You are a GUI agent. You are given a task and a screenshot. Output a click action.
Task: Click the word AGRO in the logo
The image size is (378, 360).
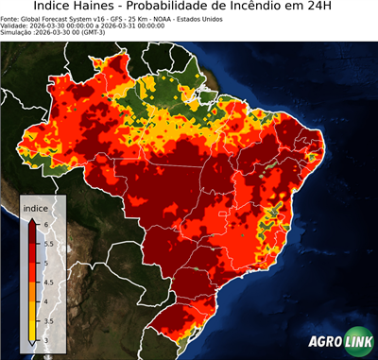point(323,342)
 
